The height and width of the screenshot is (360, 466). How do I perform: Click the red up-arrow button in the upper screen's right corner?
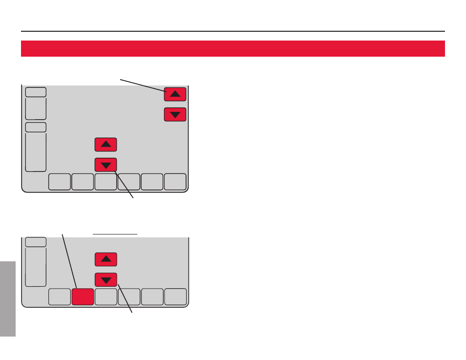point(175,93)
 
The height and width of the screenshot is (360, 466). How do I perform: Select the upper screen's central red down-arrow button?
point(106,165)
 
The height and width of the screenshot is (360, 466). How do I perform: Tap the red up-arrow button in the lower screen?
point(106,259)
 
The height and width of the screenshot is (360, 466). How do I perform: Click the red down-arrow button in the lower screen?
point(106,280)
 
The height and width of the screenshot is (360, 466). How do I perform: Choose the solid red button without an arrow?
point(83,297)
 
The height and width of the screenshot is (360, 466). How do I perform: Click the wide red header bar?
point(233,49)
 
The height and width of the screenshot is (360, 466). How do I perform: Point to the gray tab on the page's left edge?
point(8,298)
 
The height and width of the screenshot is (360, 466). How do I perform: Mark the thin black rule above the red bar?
point(233,31)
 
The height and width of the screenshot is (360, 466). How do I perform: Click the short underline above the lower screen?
point(116,234)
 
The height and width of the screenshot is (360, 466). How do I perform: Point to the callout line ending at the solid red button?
point(69,259)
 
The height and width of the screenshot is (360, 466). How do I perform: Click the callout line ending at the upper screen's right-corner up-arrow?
point(143,85)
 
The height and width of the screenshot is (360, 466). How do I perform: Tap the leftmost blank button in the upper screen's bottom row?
point(59,182)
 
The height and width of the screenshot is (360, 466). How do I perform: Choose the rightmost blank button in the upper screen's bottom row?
point(175,182)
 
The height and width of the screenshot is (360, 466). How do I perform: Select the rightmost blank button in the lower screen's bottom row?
point(175,297)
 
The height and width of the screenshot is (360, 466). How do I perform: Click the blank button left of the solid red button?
point(59,297)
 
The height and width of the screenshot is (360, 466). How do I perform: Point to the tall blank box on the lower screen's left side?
point(36,267)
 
